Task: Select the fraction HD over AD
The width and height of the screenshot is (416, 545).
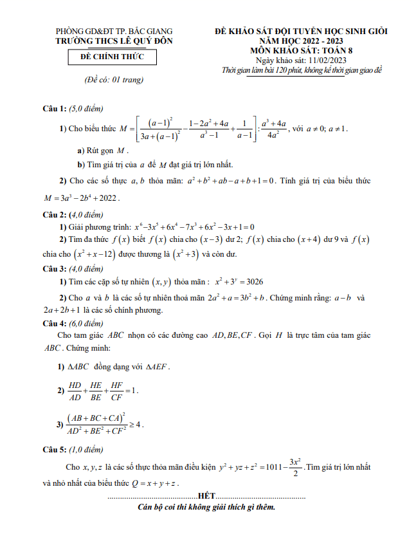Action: [75, 391]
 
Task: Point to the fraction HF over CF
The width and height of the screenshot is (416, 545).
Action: [116, 391]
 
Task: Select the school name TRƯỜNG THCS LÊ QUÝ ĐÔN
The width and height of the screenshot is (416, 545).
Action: [114, 41]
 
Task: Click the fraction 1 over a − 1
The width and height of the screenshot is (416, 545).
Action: [243, 129]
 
